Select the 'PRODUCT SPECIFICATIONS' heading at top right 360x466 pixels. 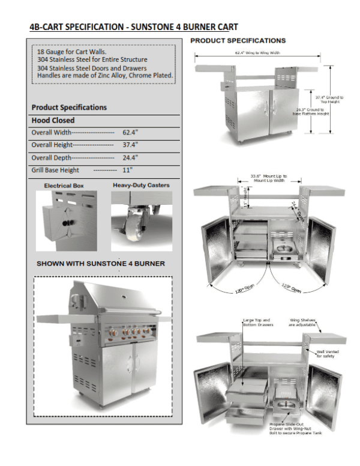(x=238, y=41)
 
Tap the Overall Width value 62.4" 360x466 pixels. (x=130, y=132)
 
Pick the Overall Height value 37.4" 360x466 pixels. (x=130, y=145)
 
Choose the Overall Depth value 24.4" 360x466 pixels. (x=130, y=158)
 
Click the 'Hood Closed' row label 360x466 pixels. (x=53, y=120)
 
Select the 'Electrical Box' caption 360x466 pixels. (x=64, y=186)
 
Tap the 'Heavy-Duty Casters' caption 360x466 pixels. (x=141, y=186)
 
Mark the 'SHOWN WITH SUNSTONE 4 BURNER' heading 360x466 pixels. (x=101, y=264)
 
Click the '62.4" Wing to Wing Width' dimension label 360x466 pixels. (x=257, y=53)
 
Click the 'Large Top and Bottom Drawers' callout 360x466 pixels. (x=257, y=322)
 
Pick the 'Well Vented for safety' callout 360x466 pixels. (x=326, y=354)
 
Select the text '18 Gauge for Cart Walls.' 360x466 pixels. (x=72, y=52)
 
